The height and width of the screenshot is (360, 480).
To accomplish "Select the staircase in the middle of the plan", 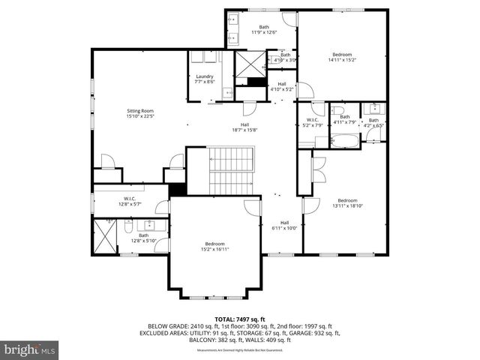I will (232, 170).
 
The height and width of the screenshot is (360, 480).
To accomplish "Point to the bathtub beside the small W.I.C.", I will (346, 139).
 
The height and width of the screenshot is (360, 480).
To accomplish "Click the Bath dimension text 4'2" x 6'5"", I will (373, 125).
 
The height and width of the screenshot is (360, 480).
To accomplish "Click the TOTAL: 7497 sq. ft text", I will (239, 319).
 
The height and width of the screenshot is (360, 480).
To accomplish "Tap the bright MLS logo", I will (30, 349).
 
